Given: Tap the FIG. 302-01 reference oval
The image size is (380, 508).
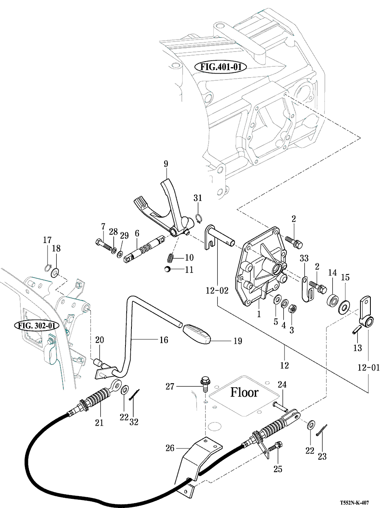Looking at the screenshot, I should [36, 325].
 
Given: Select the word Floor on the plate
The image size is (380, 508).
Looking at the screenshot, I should [245, 392].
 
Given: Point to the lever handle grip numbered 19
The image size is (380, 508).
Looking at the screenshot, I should [197, 334].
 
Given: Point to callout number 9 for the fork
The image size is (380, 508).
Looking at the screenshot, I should [166, 163].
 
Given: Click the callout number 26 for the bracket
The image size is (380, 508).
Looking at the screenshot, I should [170, 448].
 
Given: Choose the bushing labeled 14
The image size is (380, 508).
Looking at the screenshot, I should [332, 299].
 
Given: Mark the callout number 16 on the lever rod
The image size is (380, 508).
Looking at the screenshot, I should [163, 340].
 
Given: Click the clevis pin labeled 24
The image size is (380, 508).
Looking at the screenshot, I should [281, 405].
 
